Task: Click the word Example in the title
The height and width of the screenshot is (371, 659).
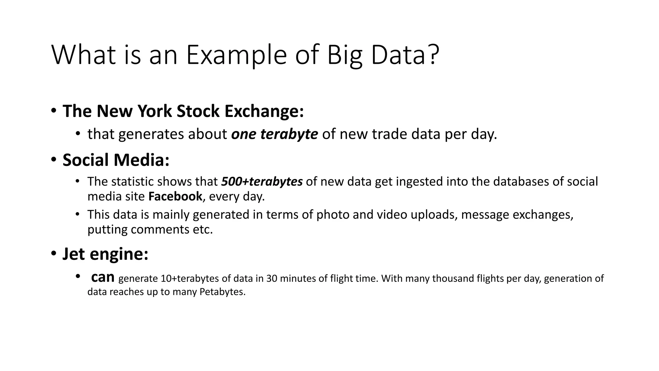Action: point(237,55)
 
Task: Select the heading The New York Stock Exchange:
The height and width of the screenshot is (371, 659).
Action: point(183,111)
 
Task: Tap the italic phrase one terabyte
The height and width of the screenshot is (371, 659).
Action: point(274,134)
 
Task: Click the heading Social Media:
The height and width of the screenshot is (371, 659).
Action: point(116,160)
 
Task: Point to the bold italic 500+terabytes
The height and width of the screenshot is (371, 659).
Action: point(262,182)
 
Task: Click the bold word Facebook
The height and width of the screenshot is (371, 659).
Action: point(175,196)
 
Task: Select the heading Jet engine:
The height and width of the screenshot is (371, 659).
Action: point(105,254)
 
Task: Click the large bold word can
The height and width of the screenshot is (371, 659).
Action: point(103,277)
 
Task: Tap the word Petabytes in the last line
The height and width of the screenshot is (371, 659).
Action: point(222,292)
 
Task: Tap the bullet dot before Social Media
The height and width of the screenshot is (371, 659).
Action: point(53,160)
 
